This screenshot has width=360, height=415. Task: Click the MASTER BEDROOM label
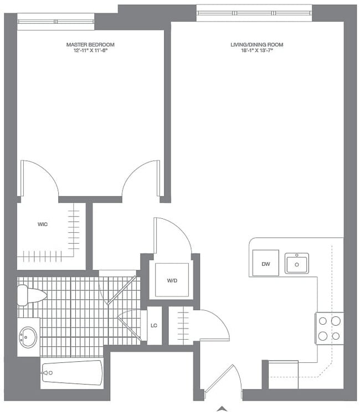(90, 44)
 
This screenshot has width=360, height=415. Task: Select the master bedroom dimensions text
(90, 51)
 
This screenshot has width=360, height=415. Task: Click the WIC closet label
(42, 224)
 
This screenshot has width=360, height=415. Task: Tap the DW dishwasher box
(266, 264)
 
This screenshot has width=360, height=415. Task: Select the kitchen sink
(297, 264)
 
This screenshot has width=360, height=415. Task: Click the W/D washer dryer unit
(172, 280)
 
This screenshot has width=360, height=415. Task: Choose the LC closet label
(154, 325)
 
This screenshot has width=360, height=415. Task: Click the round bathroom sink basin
(28, 336)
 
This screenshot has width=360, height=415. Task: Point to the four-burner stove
(329, 327)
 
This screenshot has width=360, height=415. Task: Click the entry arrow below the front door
(222, 409)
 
